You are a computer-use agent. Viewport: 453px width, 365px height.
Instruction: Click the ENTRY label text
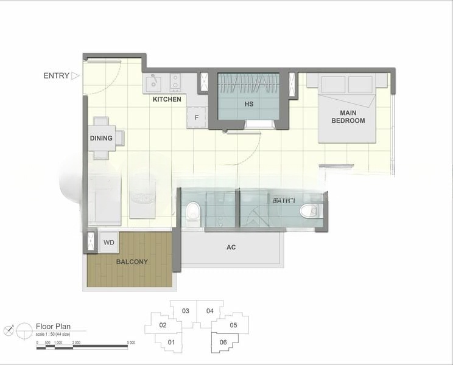point(56,76)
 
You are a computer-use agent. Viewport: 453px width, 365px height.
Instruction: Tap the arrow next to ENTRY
point(75,76)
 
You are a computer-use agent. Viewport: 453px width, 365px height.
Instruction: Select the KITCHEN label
point(166,99)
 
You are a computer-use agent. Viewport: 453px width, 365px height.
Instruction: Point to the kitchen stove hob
point(175,82)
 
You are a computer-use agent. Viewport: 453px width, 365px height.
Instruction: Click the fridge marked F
point(196,117)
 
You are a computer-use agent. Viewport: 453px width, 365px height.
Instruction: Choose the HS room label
point(248,104)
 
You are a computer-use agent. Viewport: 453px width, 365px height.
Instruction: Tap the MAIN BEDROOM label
point(348,117)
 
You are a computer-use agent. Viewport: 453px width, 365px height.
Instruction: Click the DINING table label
point(101,138)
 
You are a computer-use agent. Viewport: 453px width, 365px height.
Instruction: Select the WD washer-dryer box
point(108,242)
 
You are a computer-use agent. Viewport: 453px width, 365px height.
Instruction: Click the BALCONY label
point(132,262)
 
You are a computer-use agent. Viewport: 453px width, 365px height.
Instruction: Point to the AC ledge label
point(231,248)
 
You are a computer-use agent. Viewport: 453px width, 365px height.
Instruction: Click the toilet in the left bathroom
point(193,212)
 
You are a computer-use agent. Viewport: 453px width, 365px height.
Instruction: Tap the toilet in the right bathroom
point(309,211)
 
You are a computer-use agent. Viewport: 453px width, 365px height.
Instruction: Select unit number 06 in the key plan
point(223,342)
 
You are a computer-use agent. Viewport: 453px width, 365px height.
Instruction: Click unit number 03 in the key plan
point(186,311)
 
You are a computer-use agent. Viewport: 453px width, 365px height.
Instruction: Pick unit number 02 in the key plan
point(163,325)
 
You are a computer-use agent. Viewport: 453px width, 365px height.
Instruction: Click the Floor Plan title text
point(54,326)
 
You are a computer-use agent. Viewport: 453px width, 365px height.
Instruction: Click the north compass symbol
point(8,330)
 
